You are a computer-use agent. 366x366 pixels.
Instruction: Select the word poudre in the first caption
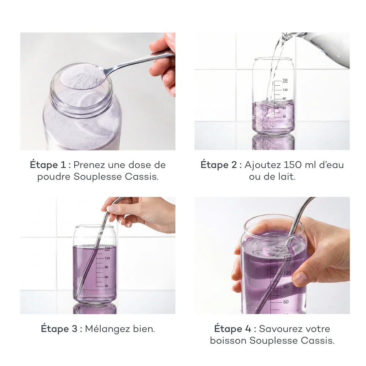coord(54,178)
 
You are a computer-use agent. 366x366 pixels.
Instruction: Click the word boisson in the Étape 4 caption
coord(228,340)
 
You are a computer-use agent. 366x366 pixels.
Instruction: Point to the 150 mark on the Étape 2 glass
coord(285,80)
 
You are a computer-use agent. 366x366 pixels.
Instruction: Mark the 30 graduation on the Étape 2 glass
coord(284,117)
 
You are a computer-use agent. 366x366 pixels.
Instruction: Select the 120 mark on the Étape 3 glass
coord(107,258)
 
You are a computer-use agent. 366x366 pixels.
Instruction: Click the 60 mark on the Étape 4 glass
coord(285,302)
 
